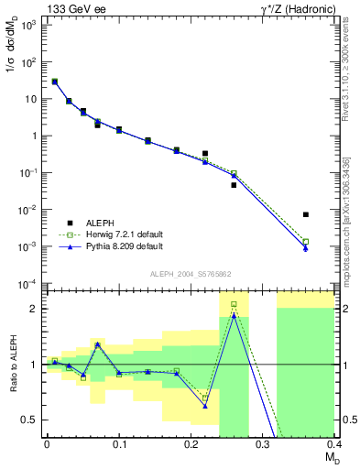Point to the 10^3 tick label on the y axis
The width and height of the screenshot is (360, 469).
tap(29, 26)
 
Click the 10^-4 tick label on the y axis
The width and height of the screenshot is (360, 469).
tap(29, 283)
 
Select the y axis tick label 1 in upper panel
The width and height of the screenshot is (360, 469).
tap(35, 136)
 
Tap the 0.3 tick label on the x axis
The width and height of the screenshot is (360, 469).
tap(263, 443)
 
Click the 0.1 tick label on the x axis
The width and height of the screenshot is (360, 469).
tap(118, 443)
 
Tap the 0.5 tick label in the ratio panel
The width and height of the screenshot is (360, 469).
tap(30, 420)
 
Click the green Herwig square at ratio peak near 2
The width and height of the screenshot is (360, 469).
tap(234, 304)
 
